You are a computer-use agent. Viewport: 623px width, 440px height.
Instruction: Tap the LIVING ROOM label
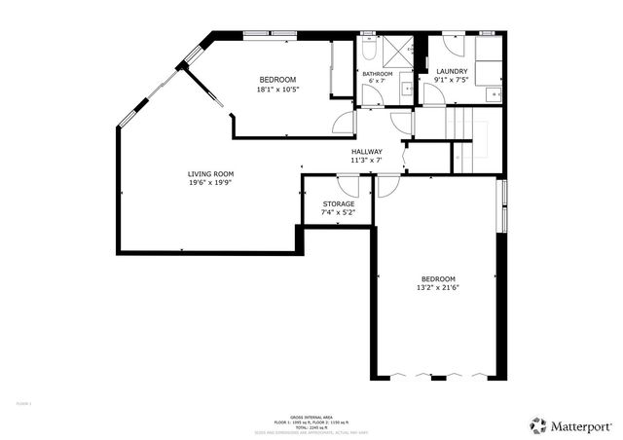(211, 174)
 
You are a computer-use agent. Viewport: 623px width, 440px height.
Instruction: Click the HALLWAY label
(367, 152)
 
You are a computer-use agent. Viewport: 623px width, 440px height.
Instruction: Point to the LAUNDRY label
(452, 71)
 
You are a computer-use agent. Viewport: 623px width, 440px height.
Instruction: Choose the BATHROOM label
(377, 74)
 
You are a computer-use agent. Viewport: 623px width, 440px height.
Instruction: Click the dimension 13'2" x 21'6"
(437, 287)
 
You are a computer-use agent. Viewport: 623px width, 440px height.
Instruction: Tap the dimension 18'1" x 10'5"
(277, 90)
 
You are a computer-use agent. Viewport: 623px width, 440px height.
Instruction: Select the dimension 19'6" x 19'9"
(211, 183)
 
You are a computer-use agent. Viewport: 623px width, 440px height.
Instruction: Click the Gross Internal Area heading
(311, 416)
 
